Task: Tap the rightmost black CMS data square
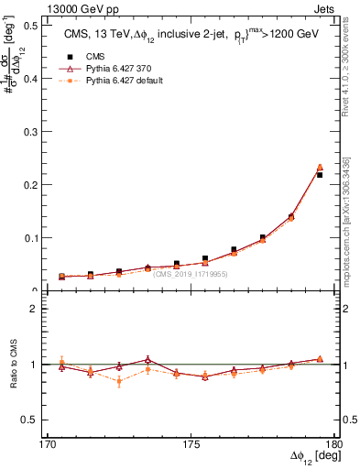pyautogui.click(x=320, y=175)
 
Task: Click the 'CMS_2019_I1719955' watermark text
pyautogui.click(x=191, y=274)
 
